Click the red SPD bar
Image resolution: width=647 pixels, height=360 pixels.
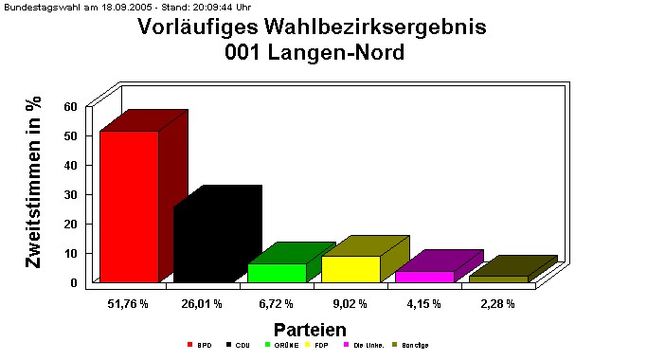(x=129, y=206)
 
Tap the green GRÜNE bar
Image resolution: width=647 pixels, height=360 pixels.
(x=277, y=272)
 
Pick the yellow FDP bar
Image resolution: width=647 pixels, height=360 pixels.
(x=350, y=268)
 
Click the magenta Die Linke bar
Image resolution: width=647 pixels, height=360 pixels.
(x=424, y=276)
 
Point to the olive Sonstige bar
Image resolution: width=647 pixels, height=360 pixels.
(x=498, y=279)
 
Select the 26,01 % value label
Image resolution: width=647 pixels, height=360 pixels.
(x=202, y=303)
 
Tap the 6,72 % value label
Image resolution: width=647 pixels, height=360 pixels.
(x=276, y=303)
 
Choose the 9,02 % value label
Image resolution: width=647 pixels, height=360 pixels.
(x=350, y=303)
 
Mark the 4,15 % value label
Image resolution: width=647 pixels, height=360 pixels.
(x=423, y=303)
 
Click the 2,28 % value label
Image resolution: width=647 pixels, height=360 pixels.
(x=497, y=303)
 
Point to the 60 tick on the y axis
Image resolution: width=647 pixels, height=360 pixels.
(x=70, y=106)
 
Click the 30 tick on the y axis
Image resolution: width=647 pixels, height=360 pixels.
(x=70, y=194)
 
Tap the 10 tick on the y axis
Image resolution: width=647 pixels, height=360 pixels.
(x=70, y=253)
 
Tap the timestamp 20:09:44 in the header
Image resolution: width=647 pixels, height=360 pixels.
(x=200, y=6)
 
